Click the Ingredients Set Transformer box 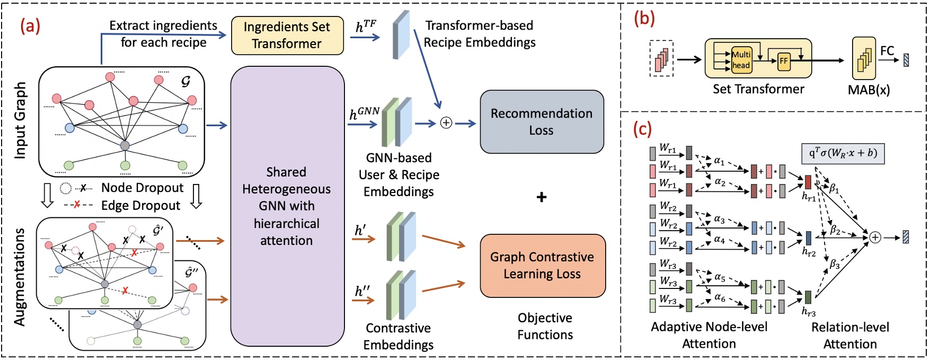(287, 36)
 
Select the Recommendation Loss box (542, 122)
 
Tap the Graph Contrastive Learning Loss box (543, 266)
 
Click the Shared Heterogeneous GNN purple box (287, 206)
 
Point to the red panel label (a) (30, 25)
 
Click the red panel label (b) (644, 19)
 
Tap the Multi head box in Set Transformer (741, 60)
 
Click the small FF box (783, 61)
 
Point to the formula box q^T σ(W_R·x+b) (843, 153)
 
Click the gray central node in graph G (125, 145)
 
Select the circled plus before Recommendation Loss (446, 123)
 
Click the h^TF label (366, 26)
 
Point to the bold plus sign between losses (541, 198)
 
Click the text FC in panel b (887, 51)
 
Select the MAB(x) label (869, 90)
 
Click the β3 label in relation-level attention (835, 264)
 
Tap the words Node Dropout (142, 188)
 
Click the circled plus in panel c (875, 237)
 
